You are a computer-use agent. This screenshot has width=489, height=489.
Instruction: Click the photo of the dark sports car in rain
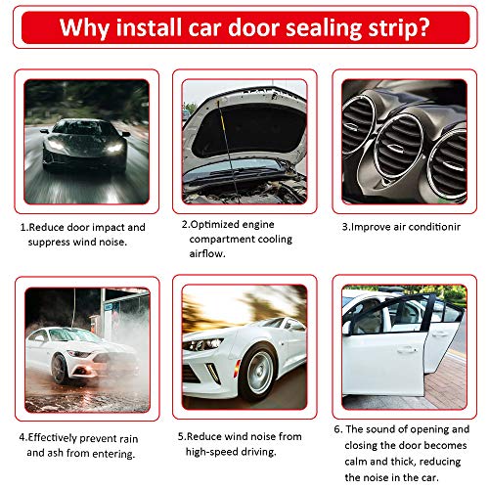(86, 140)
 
